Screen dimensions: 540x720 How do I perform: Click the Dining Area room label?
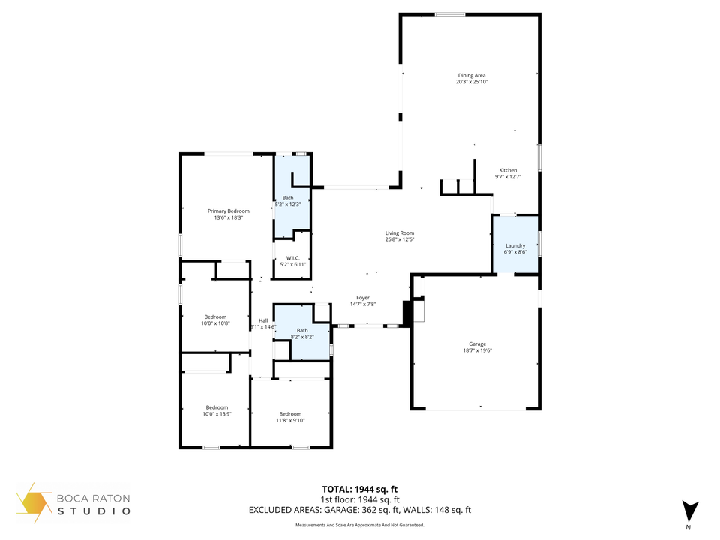click(471, 75)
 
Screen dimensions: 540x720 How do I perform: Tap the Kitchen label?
click(508, 170)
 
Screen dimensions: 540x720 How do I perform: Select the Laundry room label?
click(515, 245)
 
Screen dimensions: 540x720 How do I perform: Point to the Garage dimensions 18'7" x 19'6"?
click(477, 350)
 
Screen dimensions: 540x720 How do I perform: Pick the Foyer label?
click(362, 298)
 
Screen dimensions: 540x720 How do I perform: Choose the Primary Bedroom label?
click(228, 211)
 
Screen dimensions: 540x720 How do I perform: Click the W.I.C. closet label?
click(293, 258)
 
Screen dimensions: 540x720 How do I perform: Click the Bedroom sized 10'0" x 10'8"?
click(215, 316)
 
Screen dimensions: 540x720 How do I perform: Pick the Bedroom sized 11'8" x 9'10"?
click(290, 414)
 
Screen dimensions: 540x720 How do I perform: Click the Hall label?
click(263, 320)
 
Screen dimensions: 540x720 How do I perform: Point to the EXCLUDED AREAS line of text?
click(360, 510)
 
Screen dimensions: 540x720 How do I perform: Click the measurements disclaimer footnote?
click(360, 525)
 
